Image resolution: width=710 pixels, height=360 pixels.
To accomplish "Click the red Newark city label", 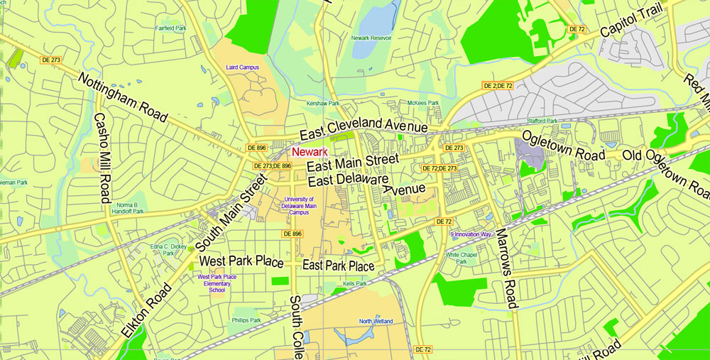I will coord(310,152).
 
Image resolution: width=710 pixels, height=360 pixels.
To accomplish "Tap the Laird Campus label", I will coord(242,67).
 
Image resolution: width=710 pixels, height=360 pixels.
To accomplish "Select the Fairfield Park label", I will coord(170,28).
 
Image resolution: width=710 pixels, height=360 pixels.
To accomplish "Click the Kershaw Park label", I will coord(322,104).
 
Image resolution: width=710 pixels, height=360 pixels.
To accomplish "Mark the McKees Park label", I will coord(423,103).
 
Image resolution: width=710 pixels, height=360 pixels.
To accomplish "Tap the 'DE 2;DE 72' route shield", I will coord(498,86).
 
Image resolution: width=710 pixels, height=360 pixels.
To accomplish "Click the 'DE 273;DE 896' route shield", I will coord(273,165).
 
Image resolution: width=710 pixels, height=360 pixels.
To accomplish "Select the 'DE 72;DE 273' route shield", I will coord(439,168).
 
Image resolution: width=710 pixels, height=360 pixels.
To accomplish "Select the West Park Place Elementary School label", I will coord(217,283).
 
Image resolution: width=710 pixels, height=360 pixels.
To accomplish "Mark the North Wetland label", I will coord(376,322).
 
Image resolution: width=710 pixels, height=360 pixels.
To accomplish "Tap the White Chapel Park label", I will coord(461,258).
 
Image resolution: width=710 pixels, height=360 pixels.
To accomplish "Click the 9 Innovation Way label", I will coord(471,234).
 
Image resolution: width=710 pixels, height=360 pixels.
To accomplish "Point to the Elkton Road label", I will coord(146,310).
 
